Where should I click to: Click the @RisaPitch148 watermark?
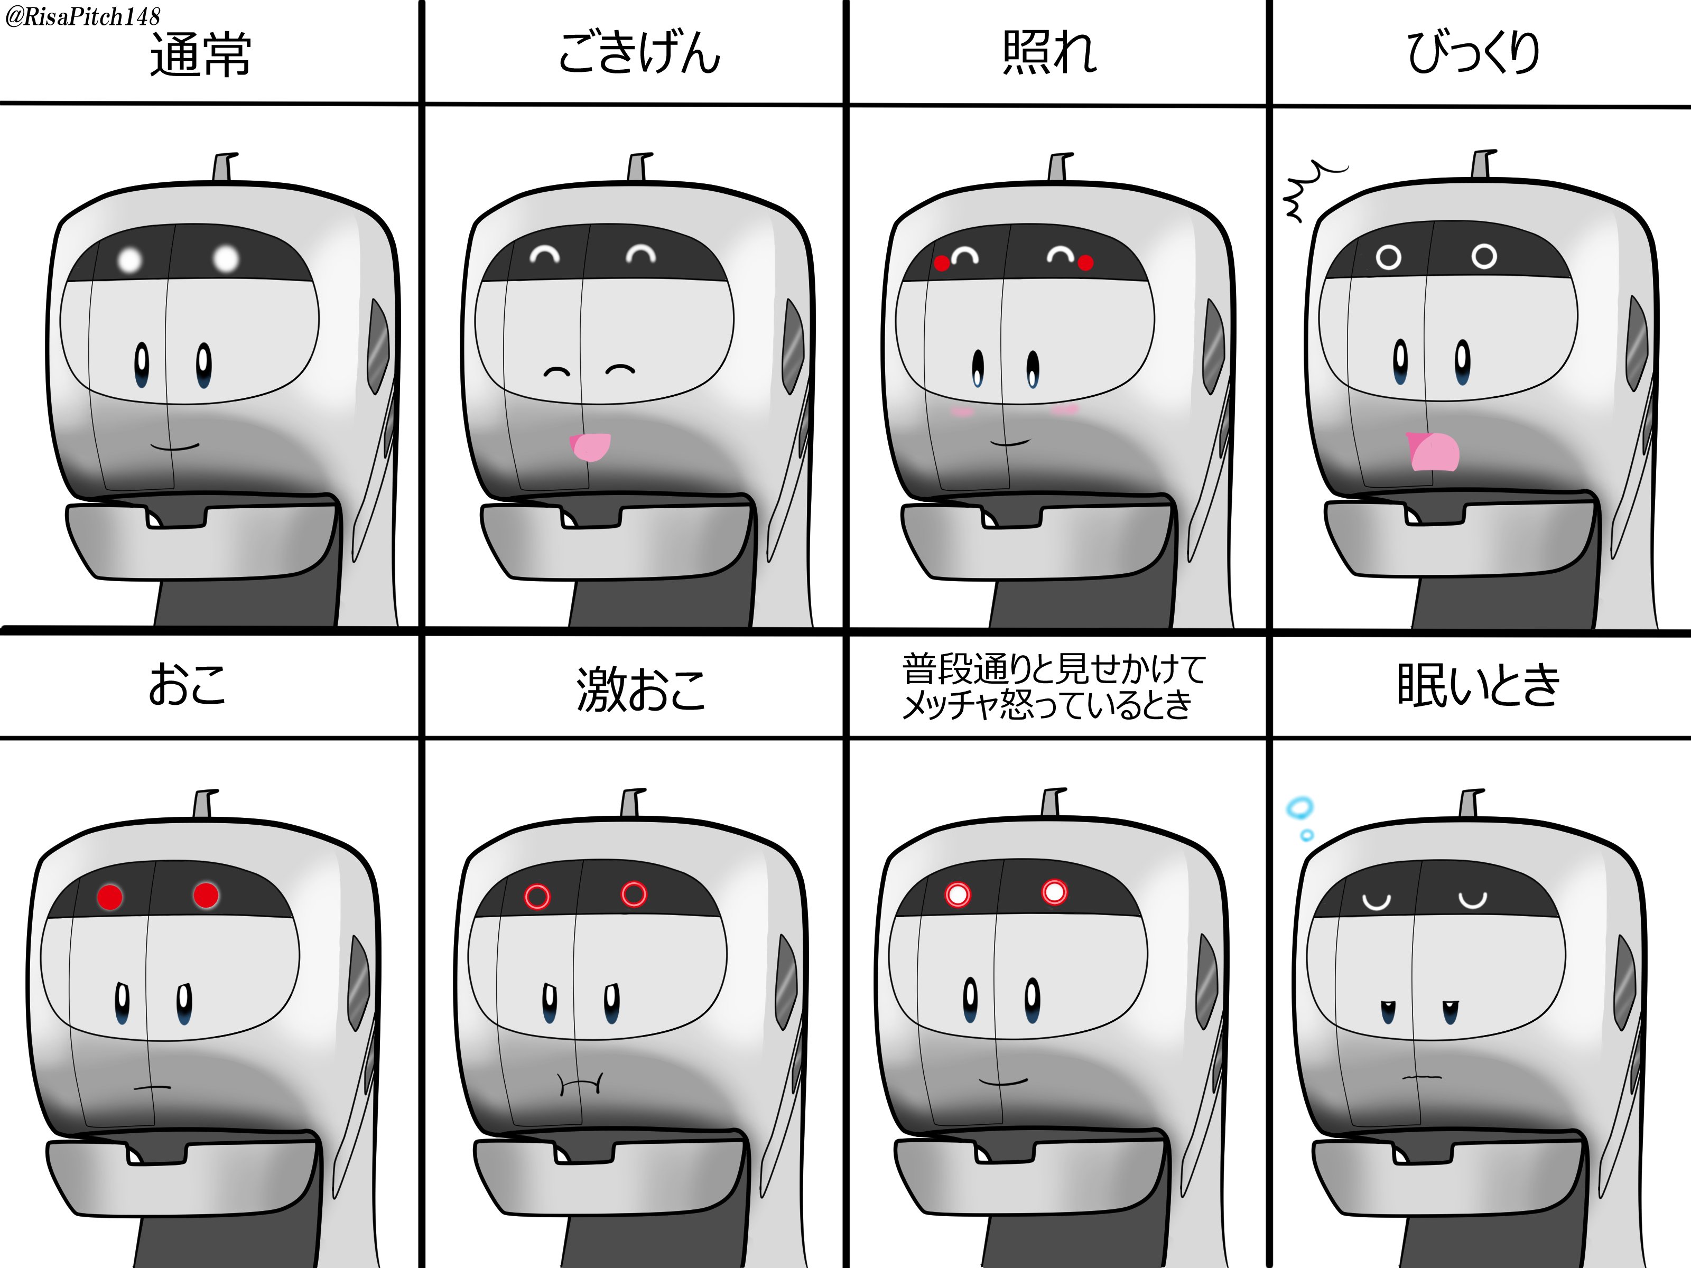82,16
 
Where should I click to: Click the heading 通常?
200,55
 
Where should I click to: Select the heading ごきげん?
639,53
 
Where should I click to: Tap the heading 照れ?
1049,53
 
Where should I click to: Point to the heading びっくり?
1473,53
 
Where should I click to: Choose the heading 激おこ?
640,688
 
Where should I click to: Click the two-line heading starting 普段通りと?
1053,686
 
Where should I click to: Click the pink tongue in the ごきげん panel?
591,447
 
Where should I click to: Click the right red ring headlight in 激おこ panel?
634,893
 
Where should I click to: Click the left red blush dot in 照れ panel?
942,264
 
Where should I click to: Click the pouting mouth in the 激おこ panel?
580,1083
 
